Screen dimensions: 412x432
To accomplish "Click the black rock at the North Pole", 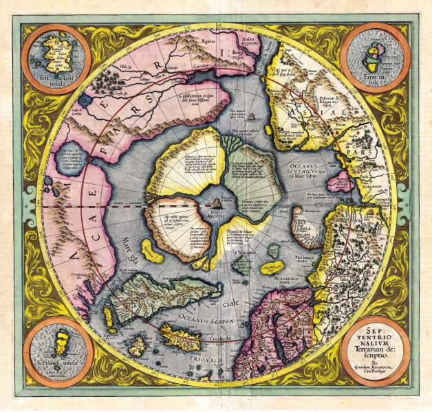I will pyautogui.click(x=218, y=203).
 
